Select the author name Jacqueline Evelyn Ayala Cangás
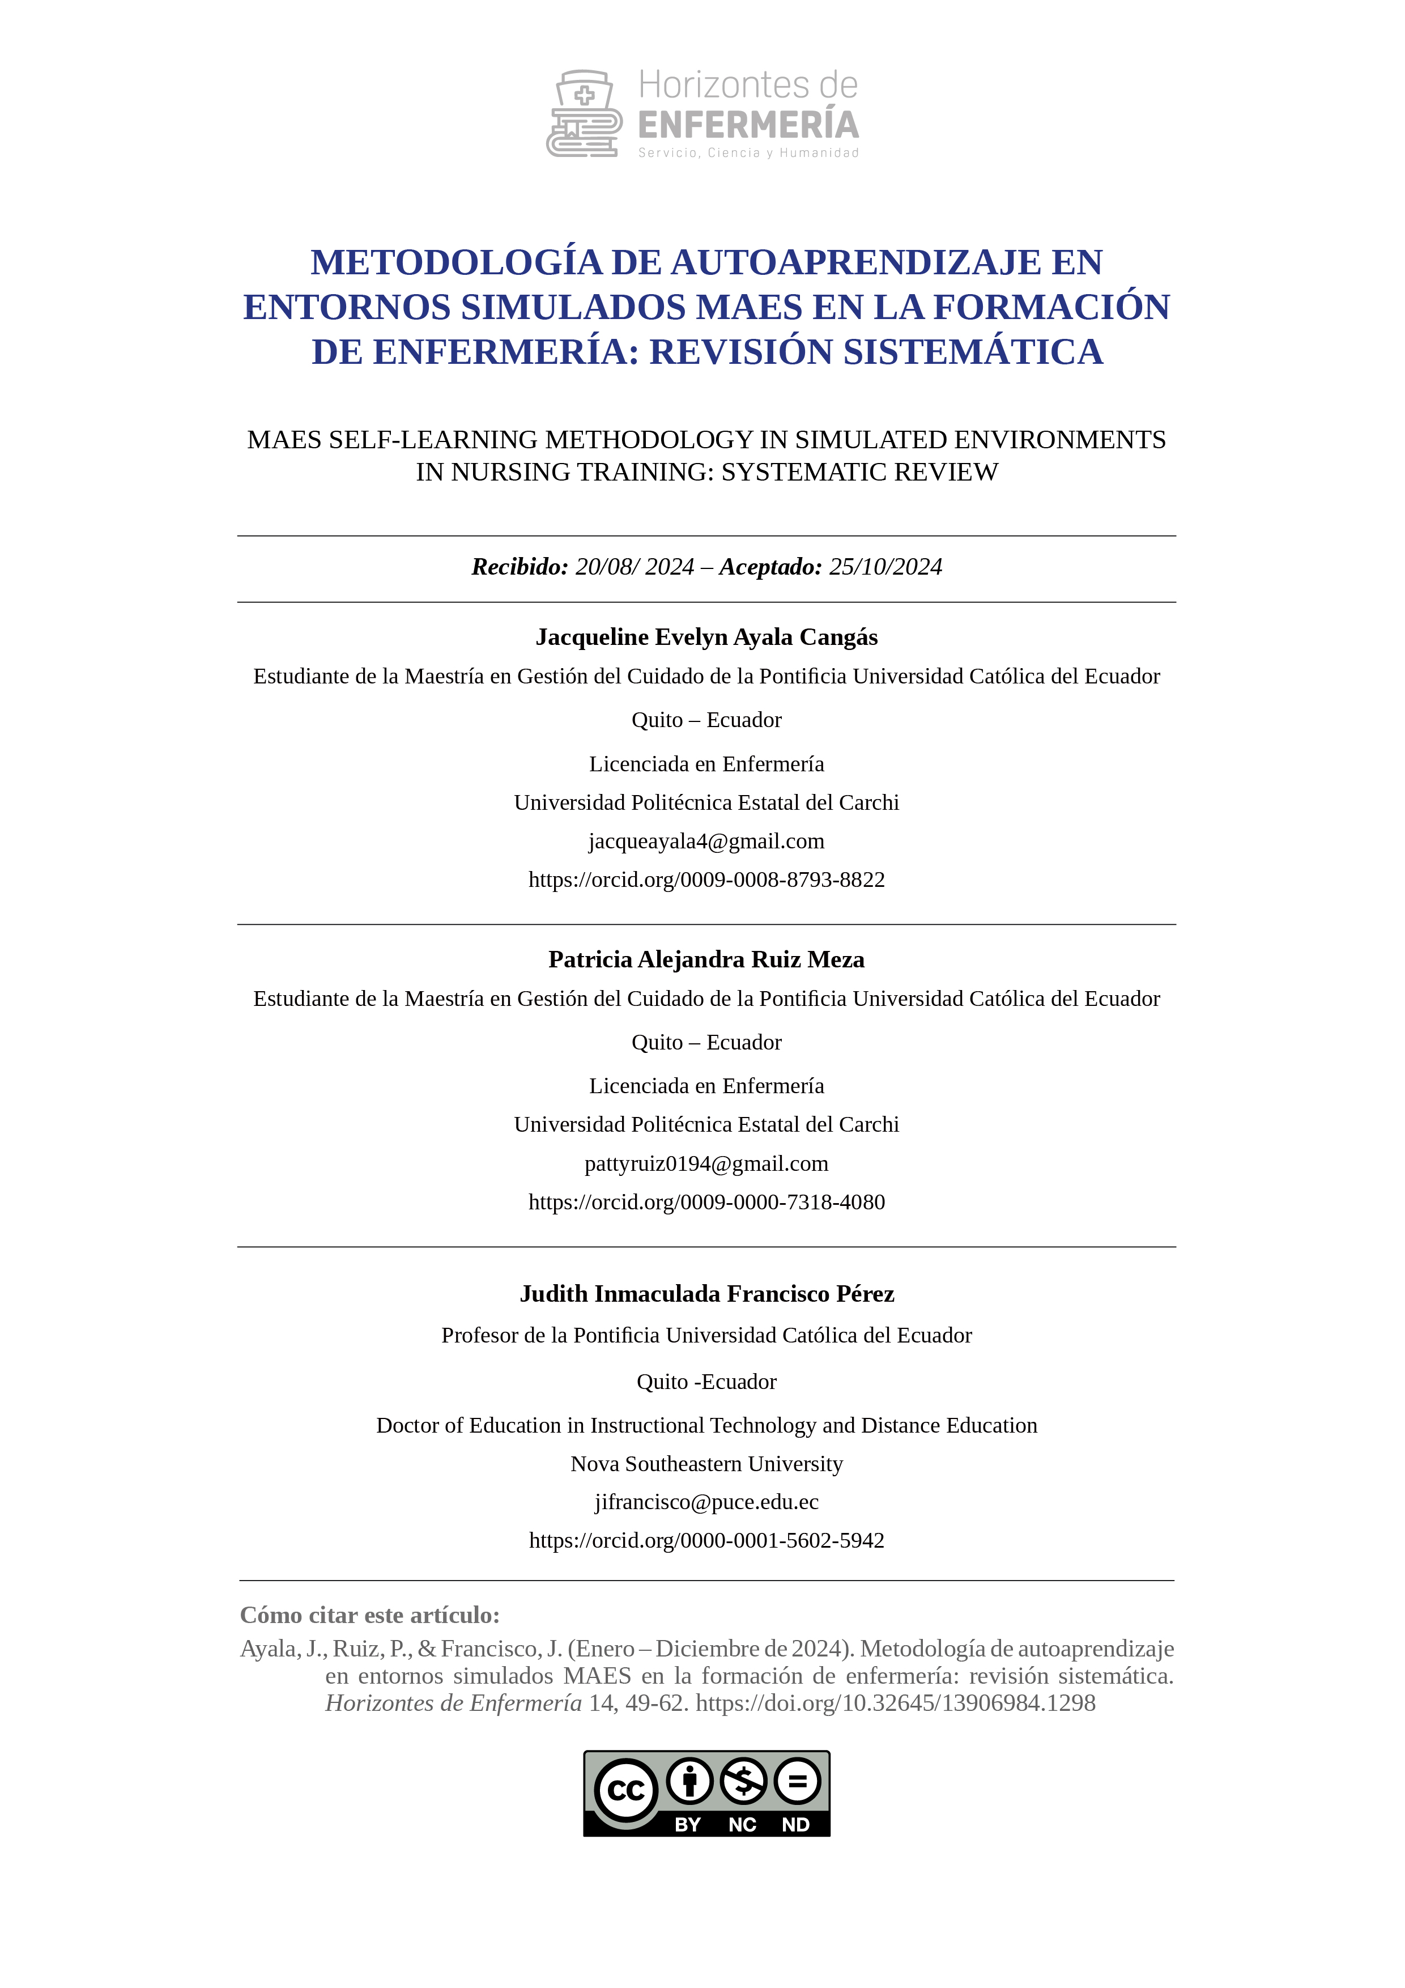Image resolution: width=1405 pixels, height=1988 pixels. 706,638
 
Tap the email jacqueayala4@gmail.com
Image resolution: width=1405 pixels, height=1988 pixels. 706,841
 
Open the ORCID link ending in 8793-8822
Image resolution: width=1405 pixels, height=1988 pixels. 706,880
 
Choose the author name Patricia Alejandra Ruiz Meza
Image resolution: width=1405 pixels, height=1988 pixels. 706,959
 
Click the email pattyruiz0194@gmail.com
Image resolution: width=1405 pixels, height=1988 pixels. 706,1163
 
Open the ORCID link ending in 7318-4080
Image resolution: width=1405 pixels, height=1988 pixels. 706,1202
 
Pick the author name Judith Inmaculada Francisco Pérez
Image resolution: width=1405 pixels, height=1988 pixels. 706,1294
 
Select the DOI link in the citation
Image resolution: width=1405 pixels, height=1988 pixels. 895,1703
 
